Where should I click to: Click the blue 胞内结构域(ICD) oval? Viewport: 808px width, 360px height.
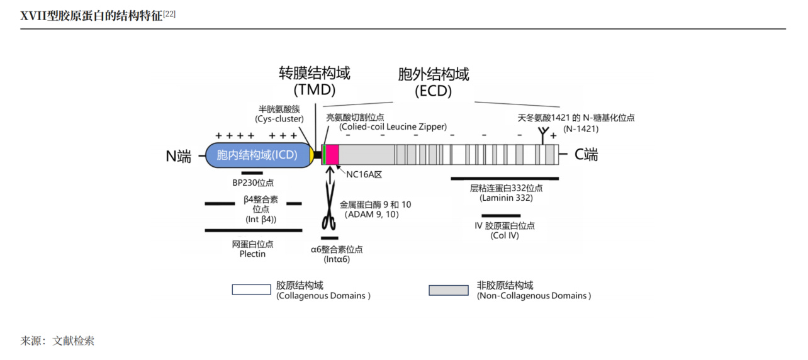pos(259,155)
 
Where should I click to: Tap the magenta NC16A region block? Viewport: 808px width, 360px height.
pos(333,154)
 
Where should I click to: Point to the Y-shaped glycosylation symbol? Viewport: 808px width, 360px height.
pos(543,133)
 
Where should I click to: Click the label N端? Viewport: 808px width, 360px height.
pos(179,156)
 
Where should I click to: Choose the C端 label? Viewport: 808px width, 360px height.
pos(586,155)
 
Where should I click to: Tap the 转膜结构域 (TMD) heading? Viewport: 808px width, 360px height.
pos(315,81)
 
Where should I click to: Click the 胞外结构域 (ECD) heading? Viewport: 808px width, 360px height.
pos(434,82)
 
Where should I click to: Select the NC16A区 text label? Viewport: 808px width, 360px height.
pos(364,174)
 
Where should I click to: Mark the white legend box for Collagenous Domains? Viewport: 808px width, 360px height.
pos(251,290)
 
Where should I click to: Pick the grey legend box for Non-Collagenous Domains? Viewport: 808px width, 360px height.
pos(448,290)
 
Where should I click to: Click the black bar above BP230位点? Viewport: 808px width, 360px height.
pos(252,172)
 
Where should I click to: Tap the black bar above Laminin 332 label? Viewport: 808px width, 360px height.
pos(505,179)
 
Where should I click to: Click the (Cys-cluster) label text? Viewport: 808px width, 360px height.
pos(279,119)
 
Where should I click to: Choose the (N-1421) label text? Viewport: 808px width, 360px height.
pos(581,128)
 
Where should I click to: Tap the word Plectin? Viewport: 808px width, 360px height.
pos(252,254)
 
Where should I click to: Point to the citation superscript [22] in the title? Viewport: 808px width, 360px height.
pos(169,13)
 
